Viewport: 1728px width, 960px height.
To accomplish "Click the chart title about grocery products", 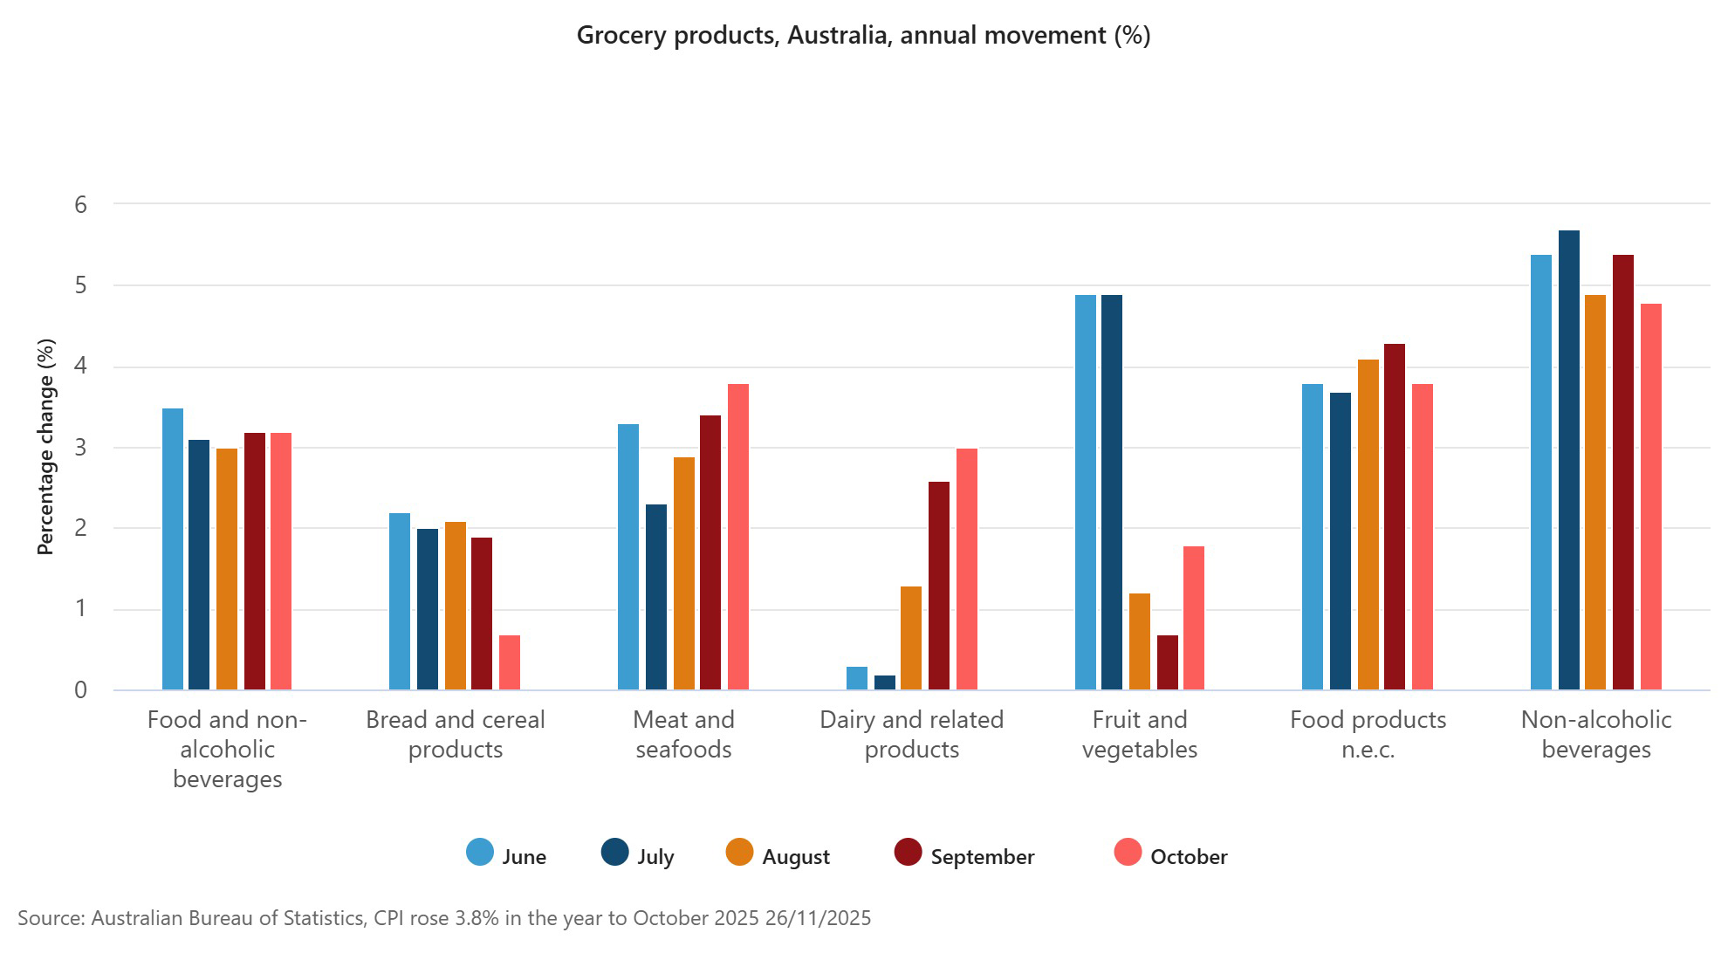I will click(863, 36).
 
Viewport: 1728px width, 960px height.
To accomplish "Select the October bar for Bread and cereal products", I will click(510, 662).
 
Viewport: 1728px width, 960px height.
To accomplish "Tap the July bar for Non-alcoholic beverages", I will click(1569, 460).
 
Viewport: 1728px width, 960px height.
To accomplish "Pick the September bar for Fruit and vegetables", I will click(1168, 662).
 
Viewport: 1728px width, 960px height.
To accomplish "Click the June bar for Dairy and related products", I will click(857, 678).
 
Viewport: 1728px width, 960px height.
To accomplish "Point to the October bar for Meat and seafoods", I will click(738, 537).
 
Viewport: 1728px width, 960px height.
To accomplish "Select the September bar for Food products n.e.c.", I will click(1395, 517).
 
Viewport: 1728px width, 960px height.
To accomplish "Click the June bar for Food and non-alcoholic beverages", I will click(173, 549).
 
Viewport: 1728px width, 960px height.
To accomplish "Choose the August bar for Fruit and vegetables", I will click(1140, 641).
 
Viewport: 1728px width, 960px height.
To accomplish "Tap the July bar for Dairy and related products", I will click(885, 682).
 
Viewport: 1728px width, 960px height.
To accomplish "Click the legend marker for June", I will click(480, 853).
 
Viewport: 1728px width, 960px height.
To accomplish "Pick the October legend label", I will click(1189, 857).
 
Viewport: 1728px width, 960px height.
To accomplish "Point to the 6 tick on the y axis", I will click(81, 205).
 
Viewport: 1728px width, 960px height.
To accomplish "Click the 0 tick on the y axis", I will click(81, 690).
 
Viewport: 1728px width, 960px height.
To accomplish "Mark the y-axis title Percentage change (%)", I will click(45, 447).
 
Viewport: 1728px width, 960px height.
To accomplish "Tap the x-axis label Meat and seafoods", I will click(683, 734).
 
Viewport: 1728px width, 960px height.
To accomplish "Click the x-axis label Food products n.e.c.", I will click(1368, 734).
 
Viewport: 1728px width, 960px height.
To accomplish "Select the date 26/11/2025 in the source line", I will click(818, 918).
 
